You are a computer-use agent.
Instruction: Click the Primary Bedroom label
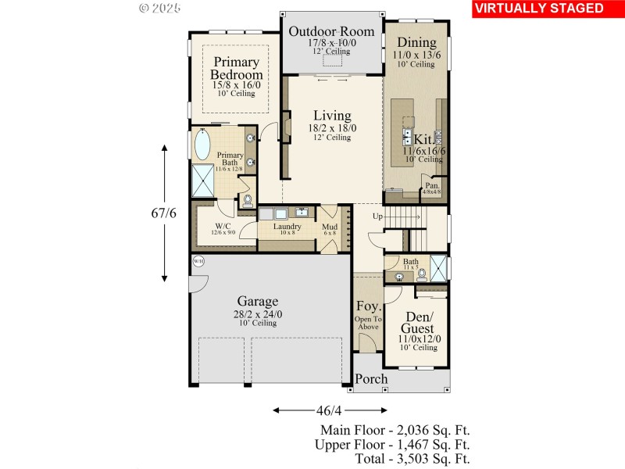pos(236,69)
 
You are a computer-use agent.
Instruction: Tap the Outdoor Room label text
pos(331,32)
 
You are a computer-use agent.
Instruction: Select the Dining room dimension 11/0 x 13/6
pos(416,55)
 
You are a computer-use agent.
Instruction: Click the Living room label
pos(332,115)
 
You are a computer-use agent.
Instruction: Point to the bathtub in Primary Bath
pos(202,145)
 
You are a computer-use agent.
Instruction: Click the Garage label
pos(257,301)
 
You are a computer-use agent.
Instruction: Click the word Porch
pos(371,379)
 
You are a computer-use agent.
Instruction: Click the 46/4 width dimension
pos(329,410)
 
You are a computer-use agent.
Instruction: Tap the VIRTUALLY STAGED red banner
pos(539,9)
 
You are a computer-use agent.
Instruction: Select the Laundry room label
pos(287,226)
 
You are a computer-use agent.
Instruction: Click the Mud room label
pos(329,226)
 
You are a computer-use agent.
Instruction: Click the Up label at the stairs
pos(377,216)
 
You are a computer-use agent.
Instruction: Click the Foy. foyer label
pos(368,306)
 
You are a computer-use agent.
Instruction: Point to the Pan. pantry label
pos(431,185)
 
